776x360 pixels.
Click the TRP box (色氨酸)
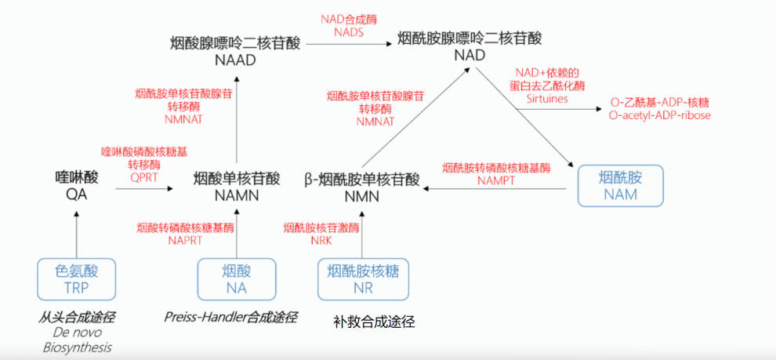point(76,278)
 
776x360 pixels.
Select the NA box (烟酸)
point(236,278)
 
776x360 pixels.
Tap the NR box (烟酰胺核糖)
point(363,278)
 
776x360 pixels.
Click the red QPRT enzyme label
point(144,177)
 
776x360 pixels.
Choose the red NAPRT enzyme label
point(185,240)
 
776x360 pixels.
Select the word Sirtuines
point(546,100)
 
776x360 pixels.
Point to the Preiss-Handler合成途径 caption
point(230,317)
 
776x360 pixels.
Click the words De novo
point(76,333)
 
